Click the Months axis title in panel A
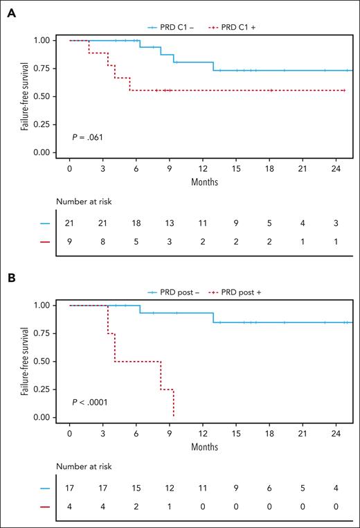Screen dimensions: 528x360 [205, 183]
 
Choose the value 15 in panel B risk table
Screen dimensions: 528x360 [136, 489]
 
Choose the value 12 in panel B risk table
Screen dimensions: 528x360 [170, 489]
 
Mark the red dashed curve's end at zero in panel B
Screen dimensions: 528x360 [173, 416]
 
